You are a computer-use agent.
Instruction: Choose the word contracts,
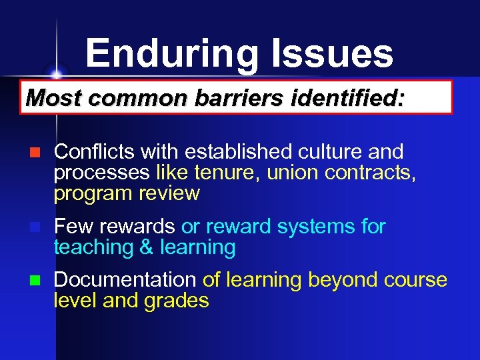(x=371, y=173)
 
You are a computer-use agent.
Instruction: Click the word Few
(x=70, y=227)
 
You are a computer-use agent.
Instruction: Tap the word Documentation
(x=125, y=280)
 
